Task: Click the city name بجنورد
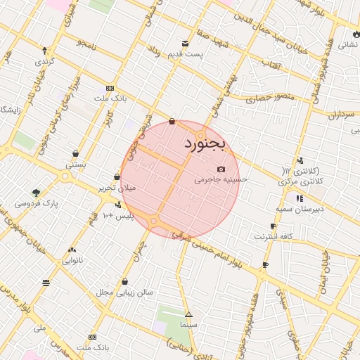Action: click(204, 144)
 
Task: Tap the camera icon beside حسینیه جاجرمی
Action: click(221, 169)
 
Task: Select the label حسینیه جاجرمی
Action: click(221, 180)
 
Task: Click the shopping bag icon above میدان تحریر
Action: click(117, 176)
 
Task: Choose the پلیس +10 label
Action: click(118, 215)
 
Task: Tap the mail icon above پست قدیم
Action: click(185, 44)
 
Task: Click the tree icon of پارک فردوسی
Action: click(36, 193)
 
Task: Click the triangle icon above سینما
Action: click(188, 314)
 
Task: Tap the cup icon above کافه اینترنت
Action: click(273, 226)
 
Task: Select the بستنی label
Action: click(76, 165)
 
